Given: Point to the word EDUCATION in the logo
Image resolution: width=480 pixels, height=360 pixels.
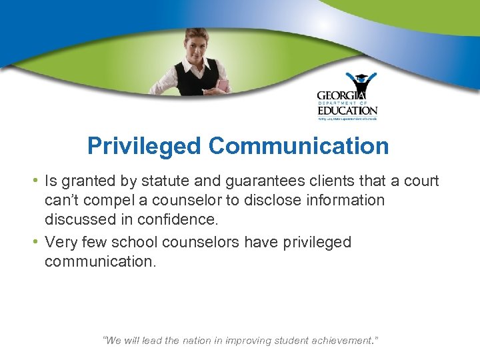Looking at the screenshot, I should pyautogui.click(x=347, y=111).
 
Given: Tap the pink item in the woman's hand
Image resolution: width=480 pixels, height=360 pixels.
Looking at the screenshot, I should pyautogui.click(x=223, y=85).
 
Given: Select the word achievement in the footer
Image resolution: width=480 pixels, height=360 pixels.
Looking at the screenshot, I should pyautogui.click(x=340, y=341).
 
